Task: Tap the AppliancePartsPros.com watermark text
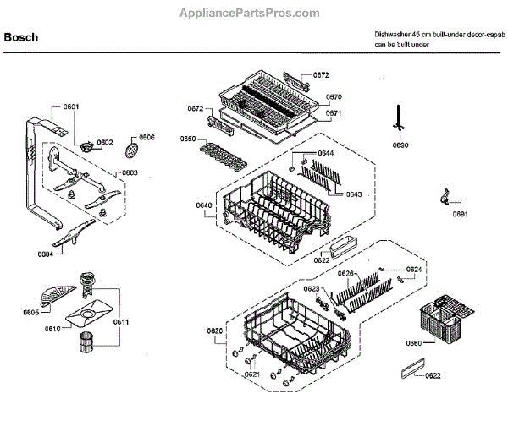(251, 14)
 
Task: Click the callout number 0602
(104, 142)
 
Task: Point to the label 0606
(146, 137)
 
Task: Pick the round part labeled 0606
(130, 150)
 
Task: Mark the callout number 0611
(121, 322)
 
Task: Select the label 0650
(188, 139)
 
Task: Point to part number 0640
(203, 205)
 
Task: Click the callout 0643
(354, 195)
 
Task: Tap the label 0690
(400, 145)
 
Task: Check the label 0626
(345, 274)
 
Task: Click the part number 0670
(334, 97)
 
